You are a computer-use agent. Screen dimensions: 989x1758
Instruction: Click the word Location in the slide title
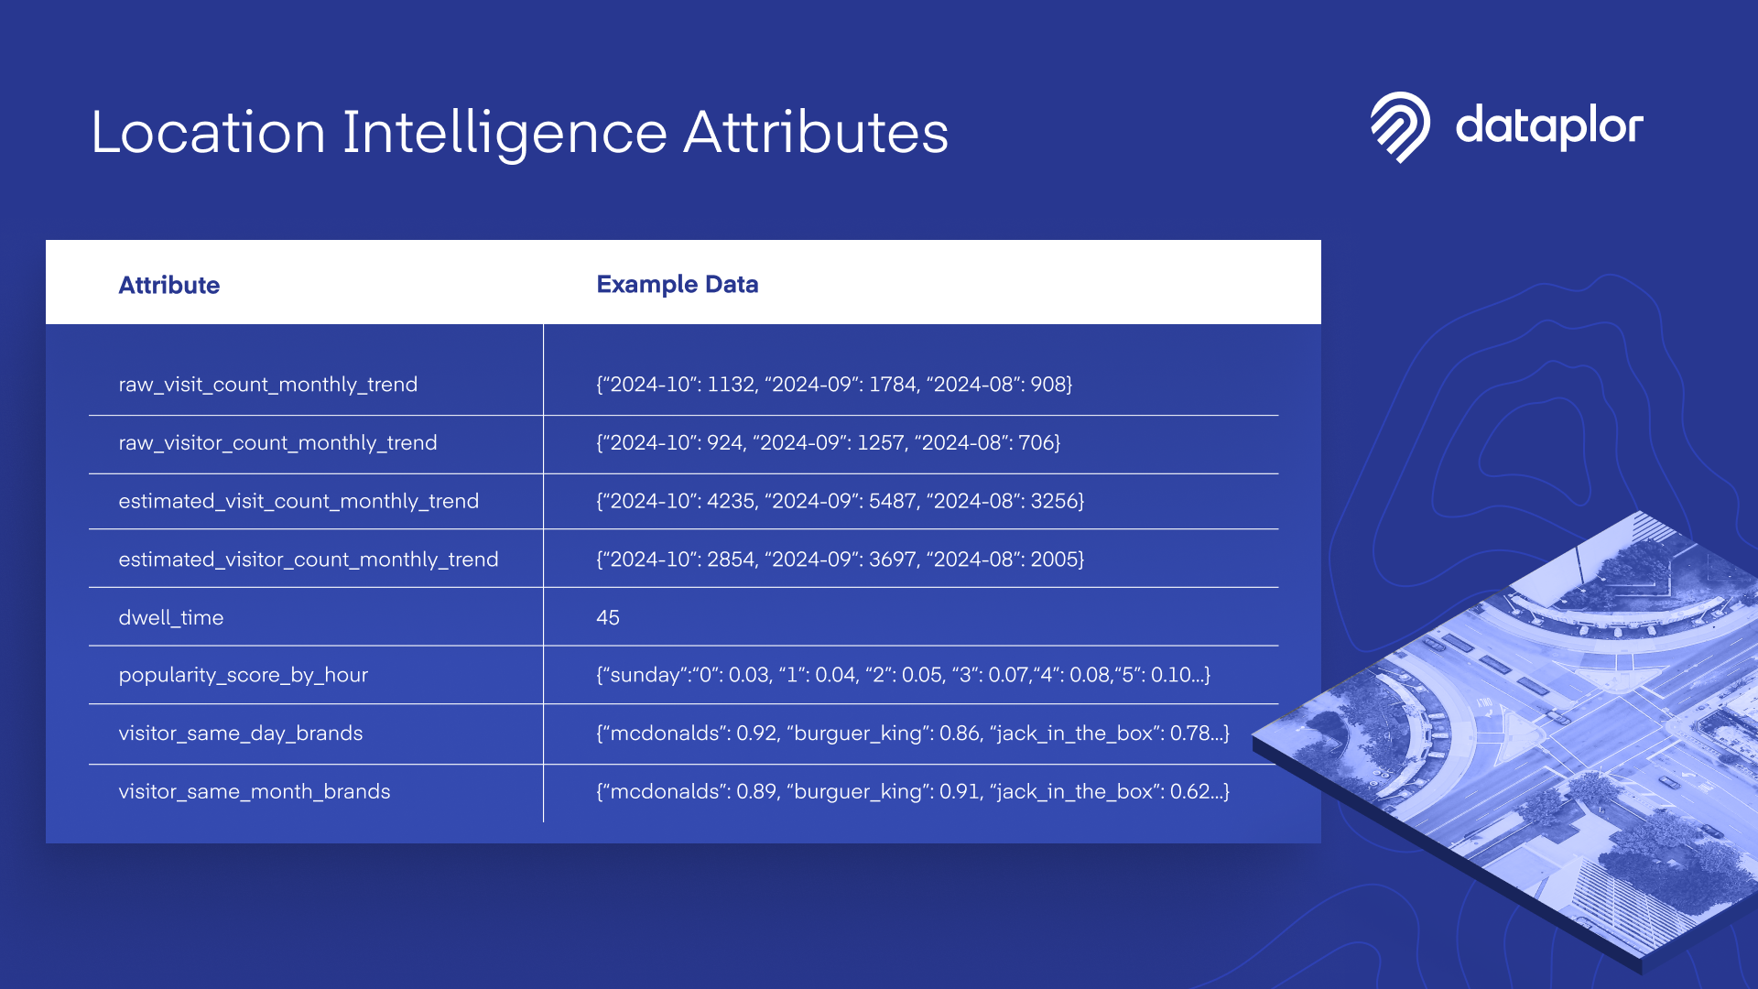[x=209, y=133]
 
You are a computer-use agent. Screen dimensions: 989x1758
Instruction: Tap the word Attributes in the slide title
[x=816, y=133]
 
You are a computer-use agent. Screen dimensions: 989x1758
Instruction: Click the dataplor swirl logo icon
[x=1399, y=126]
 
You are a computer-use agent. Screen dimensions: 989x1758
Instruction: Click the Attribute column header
[x=169, y=285]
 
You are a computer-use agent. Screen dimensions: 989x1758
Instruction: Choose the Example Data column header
[x=678, y=284]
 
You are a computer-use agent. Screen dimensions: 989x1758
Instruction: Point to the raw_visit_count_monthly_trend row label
[x=268, y=385]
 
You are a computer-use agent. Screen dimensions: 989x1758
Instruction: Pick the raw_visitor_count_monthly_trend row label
[x=277, y=443]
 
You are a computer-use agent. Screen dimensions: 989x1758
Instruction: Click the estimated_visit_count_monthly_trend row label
[x=298, y=501]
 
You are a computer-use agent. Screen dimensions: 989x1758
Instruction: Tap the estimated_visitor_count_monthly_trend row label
[x=309, y=560]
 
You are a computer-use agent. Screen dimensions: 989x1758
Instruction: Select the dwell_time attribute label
[x=171, y=618]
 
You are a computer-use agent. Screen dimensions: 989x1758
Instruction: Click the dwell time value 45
[x=608, y=618]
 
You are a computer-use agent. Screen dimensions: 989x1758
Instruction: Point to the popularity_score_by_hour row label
[x=244, y=676]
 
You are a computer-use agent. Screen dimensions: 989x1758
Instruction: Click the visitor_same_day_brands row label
[x=241, y=734]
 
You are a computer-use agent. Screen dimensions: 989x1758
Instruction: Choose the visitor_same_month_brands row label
[x=255, y=792]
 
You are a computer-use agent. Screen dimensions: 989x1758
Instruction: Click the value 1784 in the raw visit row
[x=892, y=385]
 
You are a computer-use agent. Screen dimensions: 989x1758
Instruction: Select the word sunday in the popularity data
[x=646, y=676]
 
